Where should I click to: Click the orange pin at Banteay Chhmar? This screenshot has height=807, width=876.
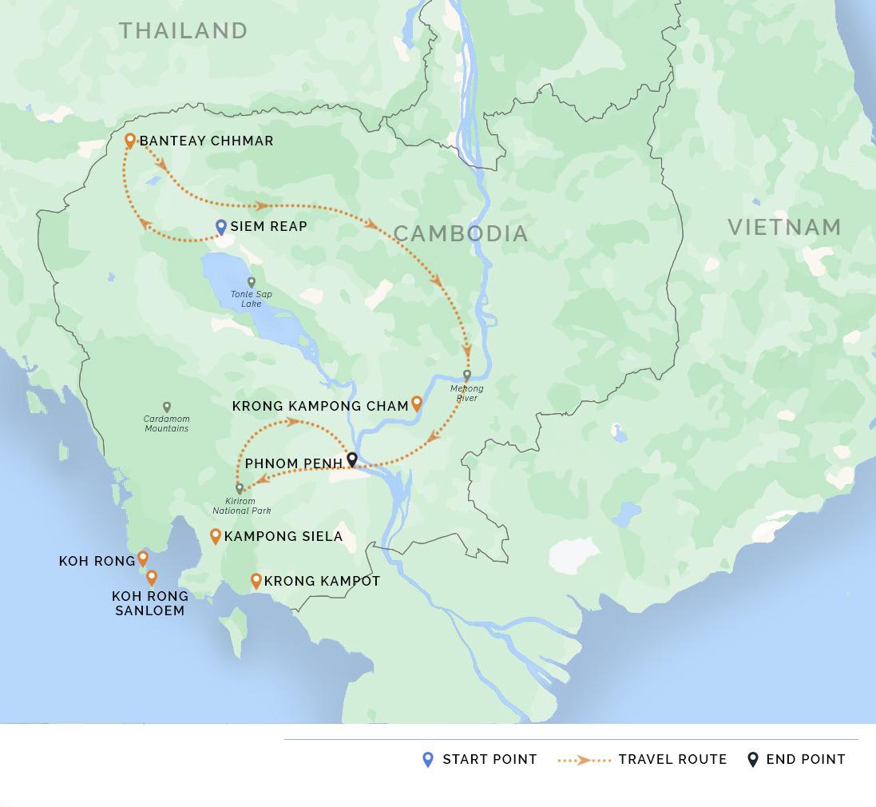pos(130,141)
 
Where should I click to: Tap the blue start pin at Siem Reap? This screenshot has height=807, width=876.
pos(221,227)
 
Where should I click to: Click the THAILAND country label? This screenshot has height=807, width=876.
pos(184,30)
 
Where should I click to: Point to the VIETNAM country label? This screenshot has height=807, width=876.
pos(784,227)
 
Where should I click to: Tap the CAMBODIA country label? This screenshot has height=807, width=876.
pos(461,233)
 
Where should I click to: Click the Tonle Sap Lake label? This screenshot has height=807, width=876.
pos(252,299)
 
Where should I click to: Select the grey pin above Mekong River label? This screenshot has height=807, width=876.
pos(467,376)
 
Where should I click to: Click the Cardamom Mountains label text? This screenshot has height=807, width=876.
pos(167,423)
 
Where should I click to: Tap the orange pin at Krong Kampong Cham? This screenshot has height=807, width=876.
pos(416,403)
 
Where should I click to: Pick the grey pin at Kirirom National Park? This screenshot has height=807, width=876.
pos(240,488)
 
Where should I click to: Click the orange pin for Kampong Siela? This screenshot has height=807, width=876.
pos(216,536)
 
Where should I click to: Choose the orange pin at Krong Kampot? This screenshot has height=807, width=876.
pos(256,581)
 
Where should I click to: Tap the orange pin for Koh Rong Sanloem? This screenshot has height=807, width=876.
pos(151,577)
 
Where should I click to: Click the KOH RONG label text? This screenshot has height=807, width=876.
pos(97,562)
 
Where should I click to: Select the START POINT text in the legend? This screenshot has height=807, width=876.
pos(490,759)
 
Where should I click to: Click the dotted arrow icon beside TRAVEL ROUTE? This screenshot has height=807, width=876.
pos(584,760)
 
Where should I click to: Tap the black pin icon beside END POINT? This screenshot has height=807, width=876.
pos(752,759)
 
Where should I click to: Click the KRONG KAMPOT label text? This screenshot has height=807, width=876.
pos(322,581)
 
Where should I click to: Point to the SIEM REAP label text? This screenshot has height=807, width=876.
pos(268,227)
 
